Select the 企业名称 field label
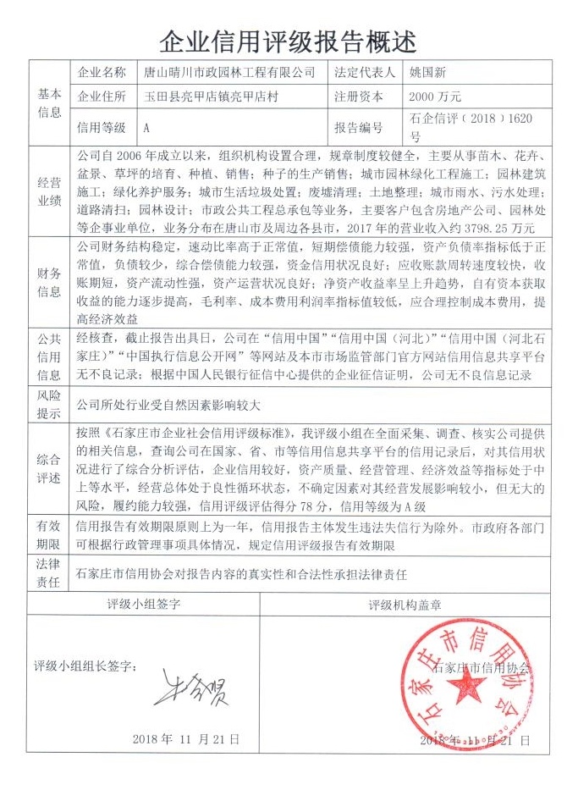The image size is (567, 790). click(x=102, y=73)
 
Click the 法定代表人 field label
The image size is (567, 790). click(x=365, y=73)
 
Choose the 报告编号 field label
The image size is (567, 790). click(x=359, y=128)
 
